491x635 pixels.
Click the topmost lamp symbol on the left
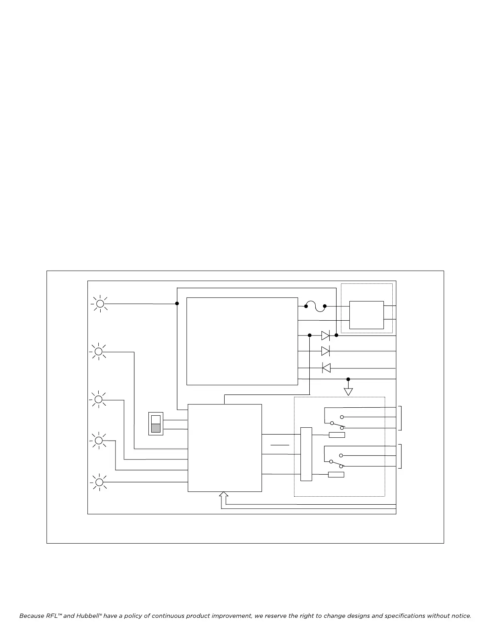coord(99,304)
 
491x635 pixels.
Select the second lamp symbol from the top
coord(98,352)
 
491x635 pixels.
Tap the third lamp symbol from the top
coord(98,399)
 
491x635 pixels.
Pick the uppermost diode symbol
coord(326,335)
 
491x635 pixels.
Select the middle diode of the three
coord(326,351)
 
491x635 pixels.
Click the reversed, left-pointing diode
coord(326,368)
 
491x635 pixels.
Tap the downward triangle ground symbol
coord(348,391)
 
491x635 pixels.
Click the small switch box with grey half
coord(156,424)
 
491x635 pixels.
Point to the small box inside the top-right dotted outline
coord(366,315)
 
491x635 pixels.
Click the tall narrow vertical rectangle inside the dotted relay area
coord(306,454)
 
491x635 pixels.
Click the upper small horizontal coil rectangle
coord(337,435)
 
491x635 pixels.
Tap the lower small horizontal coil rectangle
coord(336,475)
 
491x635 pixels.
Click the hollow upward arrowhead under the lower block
coord(224,495)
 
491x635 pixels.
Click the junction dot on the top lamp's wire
coord(177,303)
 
